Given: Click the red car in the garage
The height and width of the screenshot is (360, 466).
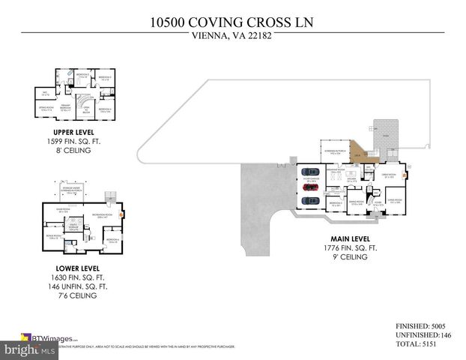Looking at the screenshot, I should click(x=309, y=189).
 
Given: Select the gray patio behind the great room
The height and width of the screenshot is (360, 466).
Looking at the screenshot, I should click(x=387, y=132).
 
